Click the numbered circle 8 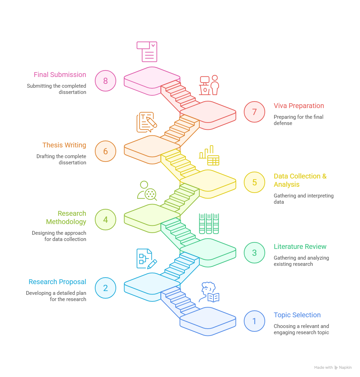click(x=106, y=81)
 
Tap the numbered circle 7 click(x=254, y=112)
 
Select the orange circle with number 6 click(x=106, y=151)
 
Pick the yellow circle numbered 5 click(x=254, y=182)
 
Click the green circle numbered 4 click(x=106, y=220)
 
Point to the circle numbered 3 click(x=254, y=253)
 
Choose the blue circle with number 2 click(x=106, y=288)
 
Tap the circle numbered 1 click(x=254, y=321)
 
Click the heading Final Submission click(x=60, y=75)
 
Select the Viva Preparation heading click(x=299, y=106)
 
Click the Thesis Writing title click(x=64, y=145)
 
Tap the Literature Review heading click(x=300, y=247)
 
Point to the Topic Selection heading click(x=297, y=315)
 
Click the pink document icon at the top click(x=147, y=52)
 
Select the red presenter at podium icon click(x=209, y=85)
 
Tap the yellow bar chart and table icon click(x=209, y=155)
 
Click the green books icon click(x=209, y=224)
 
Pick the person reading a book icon click(x=209, y=292)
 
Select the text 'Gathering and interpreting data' click(x=303, y=199)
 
